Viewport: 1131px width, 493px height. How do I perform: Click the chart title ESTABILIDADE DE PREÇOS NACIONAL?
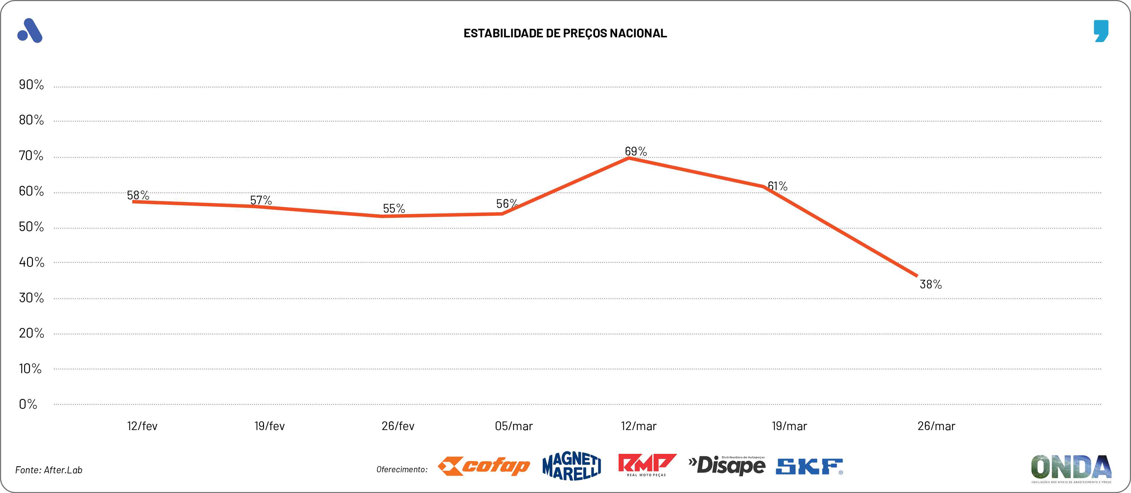tap(565, 33)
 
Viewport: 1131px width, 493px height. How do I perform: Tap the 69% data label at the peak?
tap(636, 151)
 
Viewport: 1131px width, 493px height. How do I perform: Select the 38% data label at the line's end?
tap(930, 285)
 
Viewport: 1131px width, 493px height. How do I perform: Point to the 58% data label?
tap(138, 195)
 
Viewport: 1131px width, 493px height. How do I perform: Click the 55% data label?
tap(394, 208)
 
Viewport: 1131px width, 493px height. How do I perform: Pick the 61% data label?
tap(778, 186)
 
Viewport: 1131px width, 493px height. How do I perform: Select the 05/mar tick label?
tap(514, 426)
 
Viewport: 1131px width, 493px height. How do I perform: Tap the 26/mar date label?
tap(936, 426)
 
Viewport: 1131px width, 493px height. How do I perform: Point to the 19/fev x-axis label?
tap(269, 426)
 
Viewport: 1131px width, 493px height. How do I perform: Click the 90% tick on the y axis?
tap(31, 85)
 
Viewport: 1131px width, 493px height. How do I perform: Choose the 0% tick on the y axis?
tap(28, 404)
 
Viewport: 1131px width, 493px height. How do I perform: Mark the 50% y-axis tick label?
tap(31, 227)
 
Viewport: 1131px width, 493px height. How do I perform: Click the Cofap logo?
tap(484, 466)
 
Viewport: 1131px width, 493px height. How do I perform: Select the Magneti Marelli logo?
tap(572, 466)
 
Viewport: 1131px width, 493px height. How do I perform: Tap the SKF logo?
tap(809, 466)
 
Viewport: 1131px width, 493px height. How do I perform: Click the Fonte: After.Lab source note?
tap(49, 470)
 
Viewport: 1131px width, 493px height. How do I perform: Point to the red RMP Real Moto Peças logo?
tap(647, 465)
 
